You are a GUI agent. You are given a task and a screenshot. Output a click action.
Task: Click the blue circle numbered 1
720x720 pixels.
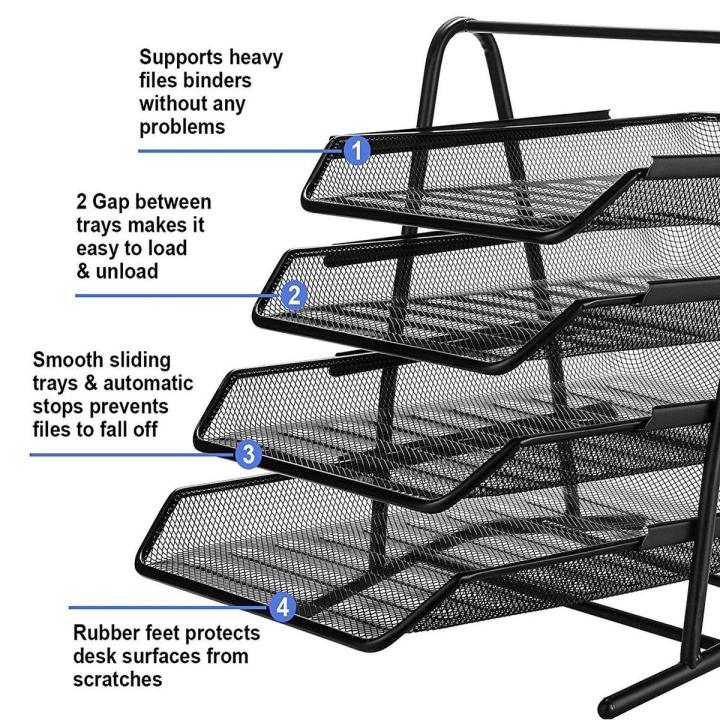point(357,150)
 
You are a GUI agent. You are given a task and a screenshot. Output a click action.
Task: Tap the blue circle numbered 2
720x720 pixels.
point(294,295)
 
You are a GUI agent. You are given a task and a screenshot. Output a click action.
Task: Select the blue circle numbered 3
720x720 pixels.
point(248,454)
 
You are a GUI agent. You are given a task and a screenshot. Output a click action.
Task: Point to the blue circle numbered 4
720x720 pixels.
point(282,607)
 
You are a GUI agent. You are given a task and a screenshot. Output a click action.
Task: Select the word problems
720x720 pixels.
point(182,127)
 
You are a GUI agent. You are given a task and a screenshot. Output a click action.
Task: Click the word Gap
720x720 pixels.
point(112,202)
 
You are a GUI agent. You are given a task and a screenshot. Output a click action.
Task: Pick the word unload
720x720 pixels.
point(127,271)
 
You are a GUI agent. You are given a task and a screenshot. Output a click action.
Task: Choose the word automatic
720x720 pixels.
point(148,383)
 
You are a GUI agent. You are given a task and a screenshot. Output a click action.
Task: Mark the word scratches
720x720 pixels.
point(118,680)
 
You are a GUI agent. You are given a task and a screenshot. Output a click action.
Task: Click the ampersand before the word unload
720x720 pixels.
point(83,271)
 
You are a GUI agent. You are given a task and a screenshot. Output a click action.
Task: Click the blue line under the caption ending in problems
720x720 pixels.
point(241,151)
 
